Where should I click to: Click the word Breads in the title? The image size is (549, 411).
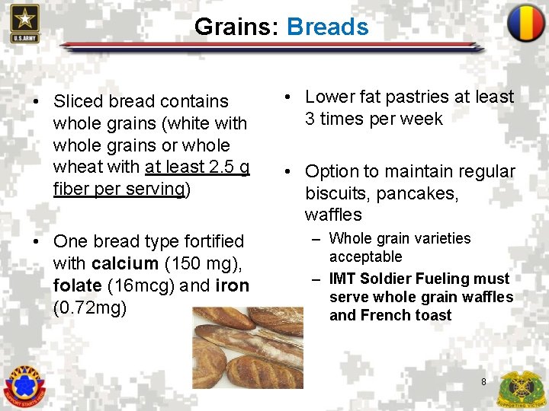pos(327,27)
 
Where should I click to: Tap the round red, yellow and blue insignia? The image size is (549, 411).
pos(525,23)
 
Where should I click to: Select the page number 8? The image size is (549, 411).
pos(483,381)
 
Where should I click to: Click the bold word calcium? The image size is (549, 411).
pos(124,264)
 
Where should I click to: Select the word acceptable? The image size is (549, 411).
pos(365,257)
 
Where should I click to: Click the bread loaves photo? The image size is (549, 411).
pos(247,347)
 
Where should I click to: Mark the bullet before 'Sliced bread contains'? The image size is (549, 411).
pos(36,102)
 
